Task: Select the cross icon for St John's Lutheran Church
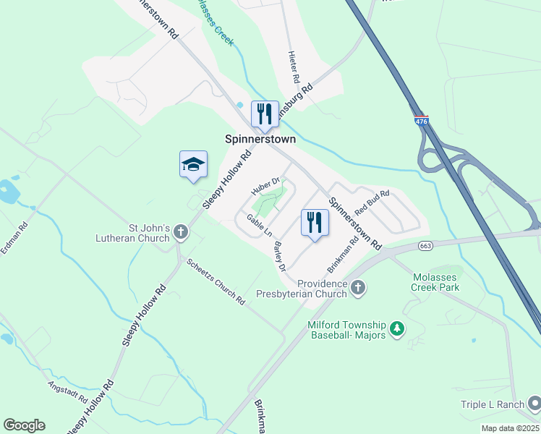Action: pyautogui.click(x=180, y=233)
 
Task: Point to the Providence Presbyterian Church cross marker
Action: pyautogui.click(x=357, y=289)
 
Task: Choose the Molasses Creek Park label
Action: pyautogui.click(x=435, y=282)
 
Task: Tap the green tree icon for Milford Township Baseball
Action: pyautogui.click(x=396, y=329)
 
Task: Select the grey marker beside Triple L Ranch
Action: pyautogui.click(x=533, y=402)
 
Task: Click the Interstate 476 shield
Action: pyautogui.click(x=422, y=121)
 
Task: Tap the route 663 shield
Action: pyautogui.click(x=426, y=246)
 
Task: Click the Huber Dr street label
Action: pyautogui.click(x=265, y=187)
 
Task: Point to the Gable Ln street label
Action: pyautogui.click(x=259, y=225)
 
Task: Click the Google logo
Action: pyautogui.click(x=24, y=425)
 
